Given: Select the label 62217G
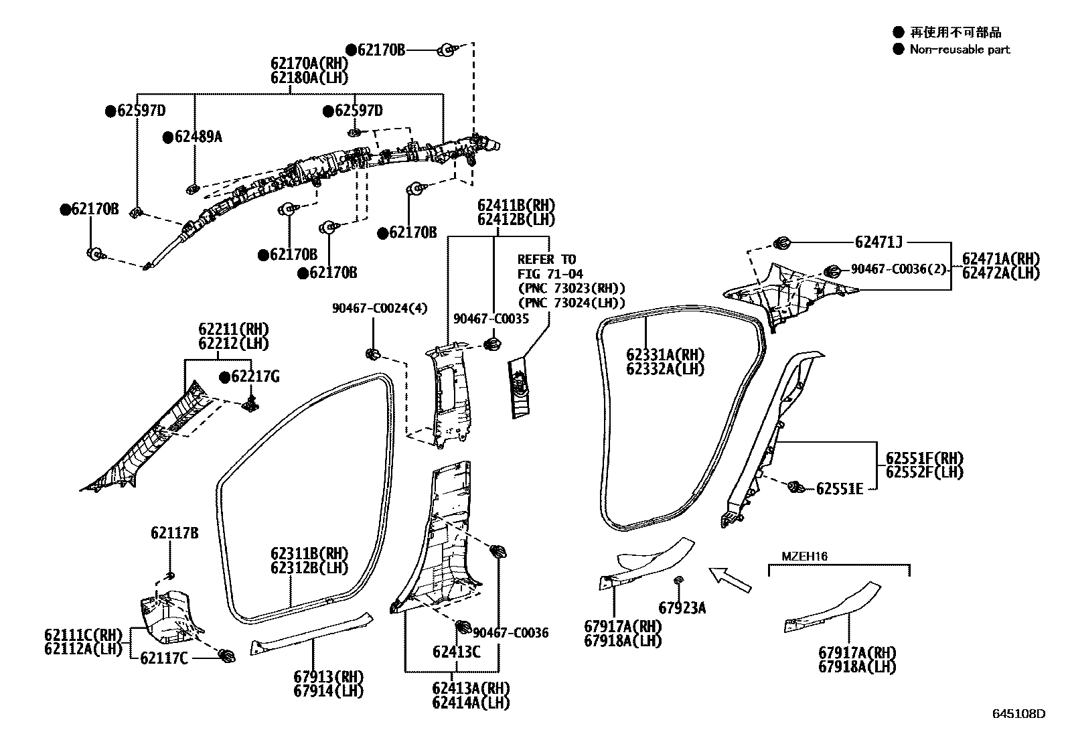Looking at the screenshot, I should pos(254,377).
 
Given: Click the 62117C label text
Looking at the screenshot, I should pos(163,658).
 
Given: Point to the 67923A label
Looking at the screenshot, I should pos(682,608).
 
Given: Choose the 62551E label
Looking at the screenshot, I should pos(839,489).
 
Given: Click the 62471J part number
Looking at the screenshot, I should pos(879,242).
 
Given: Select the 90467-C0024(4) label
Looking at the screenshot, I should pos(380,308).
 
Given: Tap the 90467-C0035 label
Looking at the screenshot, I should pos(491,319).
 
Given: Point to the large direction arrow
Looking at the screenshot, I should pos(730,579).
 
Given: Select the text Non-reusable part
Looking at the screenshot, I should pos(959,49).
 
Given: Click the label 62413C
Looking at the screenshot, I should pos(456,651).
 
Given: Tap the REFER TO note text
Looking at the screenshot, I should pos(546,259).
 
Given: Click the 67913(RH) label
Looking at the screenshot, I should pos(327,676).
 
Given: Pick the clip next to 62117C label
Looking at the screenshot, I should pos(226,656).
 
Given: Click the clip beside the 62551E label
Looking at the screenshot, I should pos(796,487).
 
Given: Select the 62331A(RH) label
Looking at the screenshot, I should pos(665,355).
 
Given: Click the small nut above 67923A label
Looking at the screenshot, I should pos(678,579).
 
